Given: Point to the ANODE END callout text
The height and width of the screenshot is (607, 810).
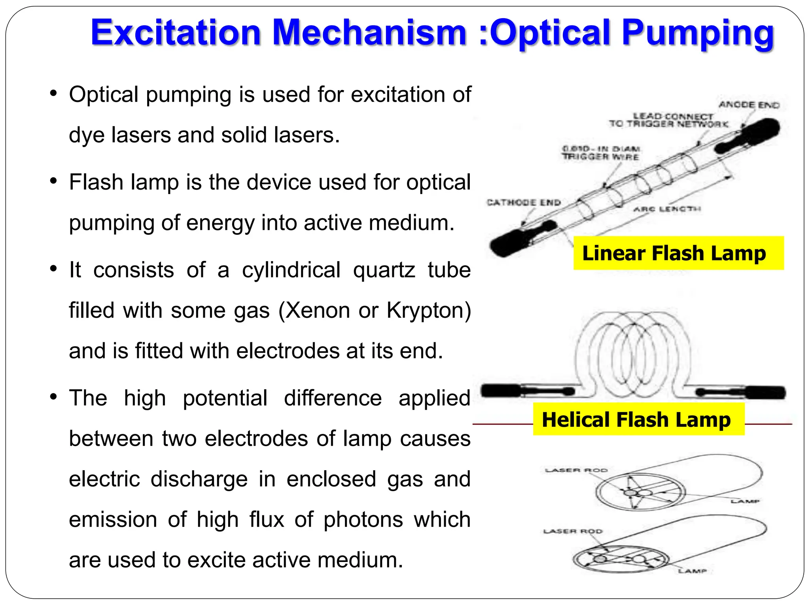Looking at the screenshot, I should (749, 105).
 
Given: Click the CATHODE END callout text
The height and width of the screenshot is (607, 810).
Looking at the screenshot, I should (524, 203).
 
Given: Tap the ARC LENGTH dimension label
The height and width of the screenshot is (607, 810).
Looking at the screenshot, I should (667, 209).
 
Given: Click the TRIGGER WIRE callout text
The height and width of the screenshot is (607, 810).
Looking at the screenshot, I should (601, 156).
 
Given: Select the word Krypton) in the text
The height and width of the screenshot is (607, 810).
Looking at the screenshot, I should (429, 311).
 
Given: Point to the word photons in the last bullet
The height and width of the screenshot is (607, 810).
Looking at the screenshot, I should (363, 520).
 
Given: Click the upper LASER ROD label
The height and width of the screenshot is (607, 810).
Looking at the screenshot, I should (576, 470).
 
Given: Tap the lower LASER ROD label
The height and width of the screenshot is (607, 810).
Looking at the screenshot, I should (572, 532).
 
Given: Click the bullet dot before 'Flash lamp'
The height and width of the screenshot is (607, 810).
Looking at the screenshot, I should (54, 182).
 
